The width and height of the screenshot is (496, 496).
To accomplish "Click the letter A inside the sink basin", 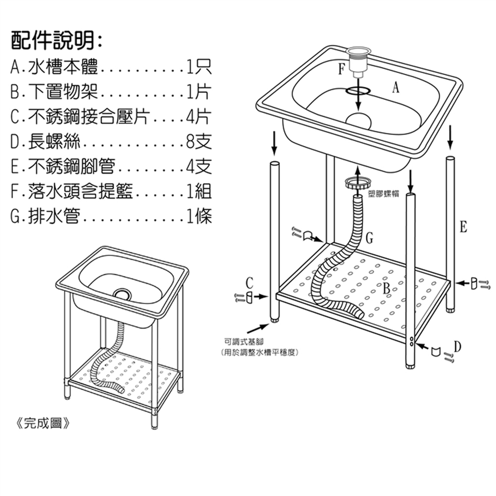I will coord(396,88).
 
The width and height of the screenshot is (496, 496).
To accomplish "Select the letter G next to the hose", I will coord(369,238).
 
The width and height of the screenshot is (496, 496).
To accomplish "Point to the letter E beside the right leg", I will coord(463,227).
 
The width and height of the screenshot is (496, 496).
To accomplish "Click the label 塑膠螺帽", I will coord(383,193).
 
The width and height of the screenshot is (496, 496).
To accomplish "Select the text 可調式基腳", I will coord(244,342).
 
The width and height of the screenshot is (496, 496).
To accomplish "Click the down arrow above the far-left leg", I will coord(274,143).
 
